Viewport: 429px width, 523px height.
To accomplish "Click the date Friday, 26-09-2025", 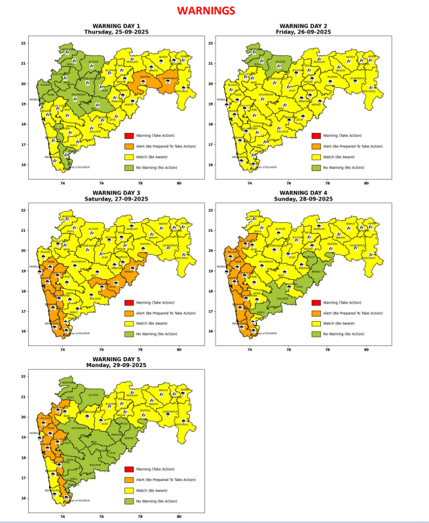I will coord(303,33).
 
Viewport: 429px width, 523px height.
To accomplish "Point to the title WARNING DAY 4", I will coord(303,193).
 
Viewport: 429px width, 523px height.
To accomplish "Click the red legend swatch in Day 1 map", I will coord(129,136).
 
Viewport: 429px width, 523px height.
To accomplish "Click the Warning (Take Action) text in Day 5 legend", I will coord(157,469).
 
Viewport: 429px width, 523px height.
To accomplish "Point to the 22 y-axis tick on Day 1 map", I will coord(24,43).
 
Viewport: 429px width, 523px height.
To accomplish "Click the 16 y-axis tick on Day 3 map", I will coord(24,332).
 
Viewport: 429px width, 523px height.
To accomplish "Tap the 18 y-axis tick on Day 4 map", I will coord(210,291).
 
